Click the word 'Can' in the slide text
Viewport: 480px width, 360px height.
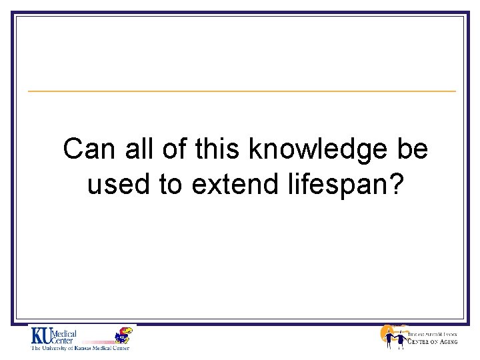pyautogui.click(x=84, y=150)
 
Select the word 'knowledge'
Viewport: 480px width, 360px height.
pyautogui.click(x=317, y=150)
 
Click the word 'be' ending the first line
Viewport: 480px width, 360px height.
pyautogui.click(x=412, y=150)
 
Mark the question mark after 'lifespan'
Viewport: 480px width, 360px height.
pyautogui.click(x=397, y=185)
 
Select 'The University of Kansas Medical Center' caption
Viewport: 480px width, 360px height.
pyautogui.click(x=79, y=347)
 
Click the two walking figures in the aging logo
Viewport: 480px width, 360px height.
pyautogui.click(x=393, y=339)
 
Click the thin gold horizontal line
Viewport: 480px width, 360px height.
pyautogui.click(x=241, y=91)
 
